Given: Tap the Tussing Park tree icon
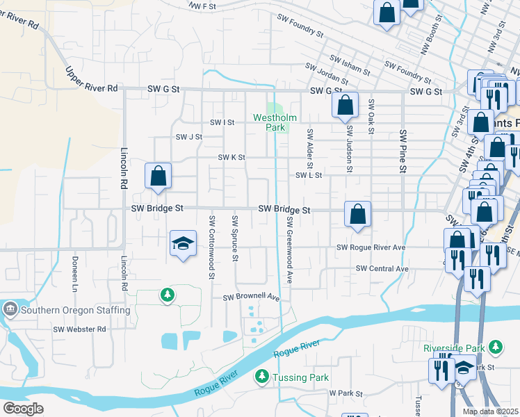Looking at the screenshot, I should coord(261,376).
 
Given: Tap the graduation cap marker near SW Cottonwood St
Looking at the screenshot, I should coord(183,243).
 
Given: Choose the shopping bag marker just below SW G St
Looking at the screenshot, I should coord(345,106).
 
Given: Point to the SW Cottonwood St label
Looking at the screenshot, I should coord(211,248).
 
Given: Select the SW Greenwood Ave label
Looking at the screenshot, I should coord(289,240).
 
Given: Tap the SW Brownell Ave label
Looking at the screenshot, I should coord(251,297).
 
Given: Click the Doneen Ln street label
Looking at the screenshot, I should coord(74,273).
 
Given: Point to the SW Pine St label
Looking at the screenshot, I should coord(402,150).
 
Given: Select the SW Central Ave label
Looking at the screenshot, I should coord(382,268).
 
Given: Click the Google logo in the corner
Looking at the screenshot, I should coord(24,409).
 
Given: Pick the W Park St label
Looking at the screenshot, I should coord(346,393).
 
